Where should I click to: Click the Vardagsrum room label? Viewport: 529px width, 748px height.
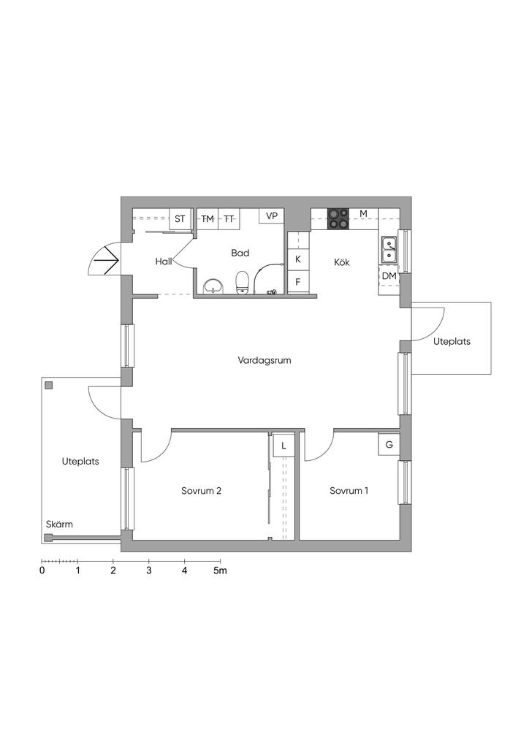(264, 360)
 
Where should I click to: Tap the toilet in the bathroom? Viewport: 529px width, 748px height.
(243, 282)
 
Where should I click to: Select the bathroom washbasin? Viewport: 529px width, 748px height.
(213, 286)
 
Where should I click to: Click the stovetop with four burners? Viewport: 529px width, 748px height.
(338, 218)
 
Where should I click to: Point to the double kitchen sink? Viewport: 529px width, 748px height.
(389, 250)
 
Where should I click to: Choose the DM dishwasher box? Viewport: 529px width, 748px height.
(389, 275)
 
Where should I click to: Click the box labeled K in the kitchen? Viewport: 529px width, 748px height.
(298, 259)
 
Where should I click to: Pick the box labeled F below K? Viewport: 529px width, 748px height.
(298, 282)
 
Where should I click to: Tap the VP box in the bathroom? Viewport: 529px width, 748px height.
(271, 216)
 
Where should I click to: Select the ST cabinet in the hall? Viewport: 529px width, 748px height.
(180, 219)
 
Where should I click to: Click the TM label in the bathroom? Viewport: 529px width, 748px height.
(208, 219)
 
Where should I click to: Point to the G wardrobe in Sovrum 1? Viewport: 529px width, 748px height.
(389, 445)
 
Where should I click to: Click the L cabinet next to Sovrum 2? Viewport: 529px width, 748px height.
(283, 446)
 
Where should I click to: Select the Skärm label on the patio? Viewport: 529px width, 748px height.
(60, 524)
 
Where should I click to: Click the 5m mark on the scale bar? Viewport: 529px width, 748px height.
(220, 570)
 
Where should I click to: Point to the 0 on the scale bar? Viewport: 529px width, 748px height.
(42, 570)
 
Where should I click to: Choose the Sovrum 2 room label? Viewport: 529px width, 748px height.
(201, 490)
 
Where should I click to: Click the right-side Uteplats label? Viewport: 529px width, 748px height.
(452, 342)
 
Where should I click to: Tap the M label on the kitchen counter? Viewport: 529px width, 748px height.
(363, 214)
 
